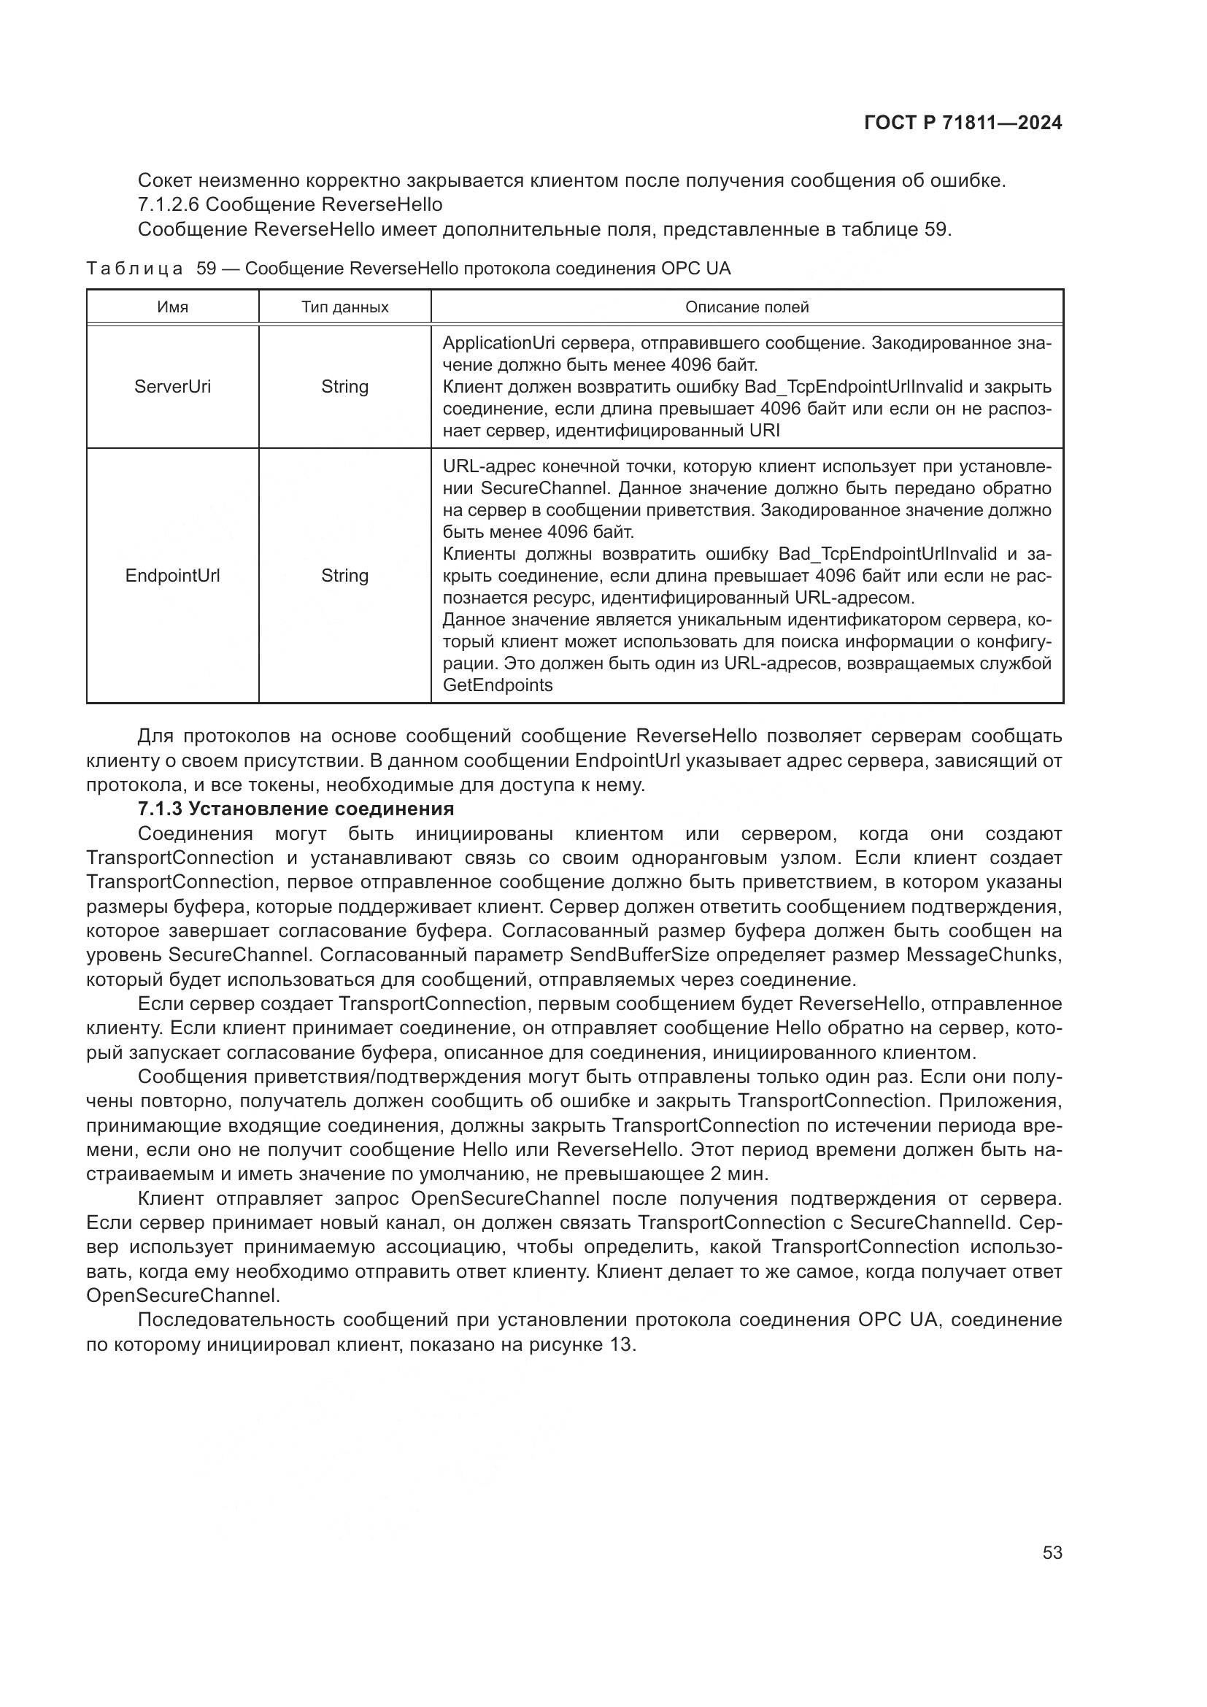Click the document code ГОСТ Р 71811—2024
(963, 123)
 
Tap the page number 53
(1052, 1552)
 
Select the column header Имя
(172, 307)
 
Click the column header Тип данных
(345, 307)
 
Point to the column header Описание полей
(747, 307)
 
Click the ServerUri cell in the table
(172, 387)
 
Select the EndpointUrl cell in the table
(172, 575)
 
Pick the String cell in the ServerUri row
(345, 387)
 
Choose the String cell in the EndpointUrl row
(345, 575)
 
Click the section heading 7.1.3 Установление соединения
(296, 809)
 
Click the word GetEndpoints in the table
(497, 685)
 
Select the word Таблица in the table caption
(134, 269)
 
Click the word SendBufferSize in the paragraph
(639, 955)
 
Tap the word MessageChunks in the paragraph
(983, 955)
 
